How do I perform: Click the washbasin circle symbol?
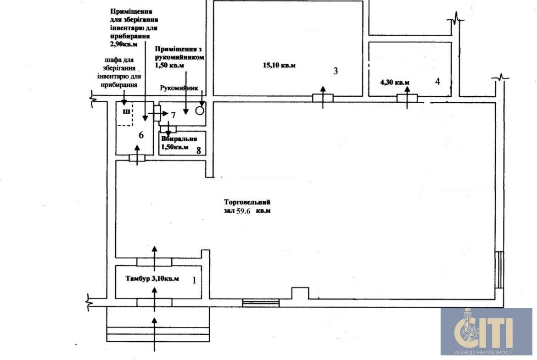pyautogui.click(x=200, y=111)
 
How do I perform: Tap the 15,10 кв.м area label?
pyautogui.click(x=279, y=65)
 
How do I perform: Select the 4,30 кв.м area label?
pyautogui.click(x=395, y=83)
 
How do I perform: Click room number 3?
pyautogui.click(x=336, y=71)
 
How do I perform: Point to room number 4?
pyautogui.click(x=437, y=82)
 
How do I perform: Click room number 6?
pyautogui.click(x=141, y=135)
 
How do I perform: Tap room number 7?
pyautogui.click(x=173, y=115)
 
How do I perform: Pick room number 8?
pyautogui.click(x=198, y=150)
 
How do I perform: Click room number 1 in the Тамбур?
pyautogui.click(x=195, y=280)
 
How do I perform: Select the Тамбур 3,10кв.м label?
pyautogui.click(x=152, y=278)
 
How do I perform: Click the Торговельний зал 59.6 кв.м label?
pyautogui.click(x=247, y=206)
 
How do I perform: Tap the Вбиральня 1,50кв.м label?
pyautogui.click(x=179, y=143)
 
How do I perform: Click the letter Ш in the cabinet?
pyautogui.click(x=126, y=111)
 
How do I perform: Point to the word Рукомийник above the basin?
pyautogui.click(x=179, y=88)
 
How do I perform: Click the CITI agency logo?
pyautogui.click(x=487, y=331)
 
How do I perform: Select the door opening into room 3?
pyautogui.click(x=323, y=98)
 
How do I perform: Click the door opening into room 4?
pyautogui.click(x=407, y=98)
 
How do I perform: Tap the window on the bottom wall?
pyautogui.click(x=261, y=303)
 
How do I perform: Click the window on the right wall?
pyautogui.click(x=500, y=270)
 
